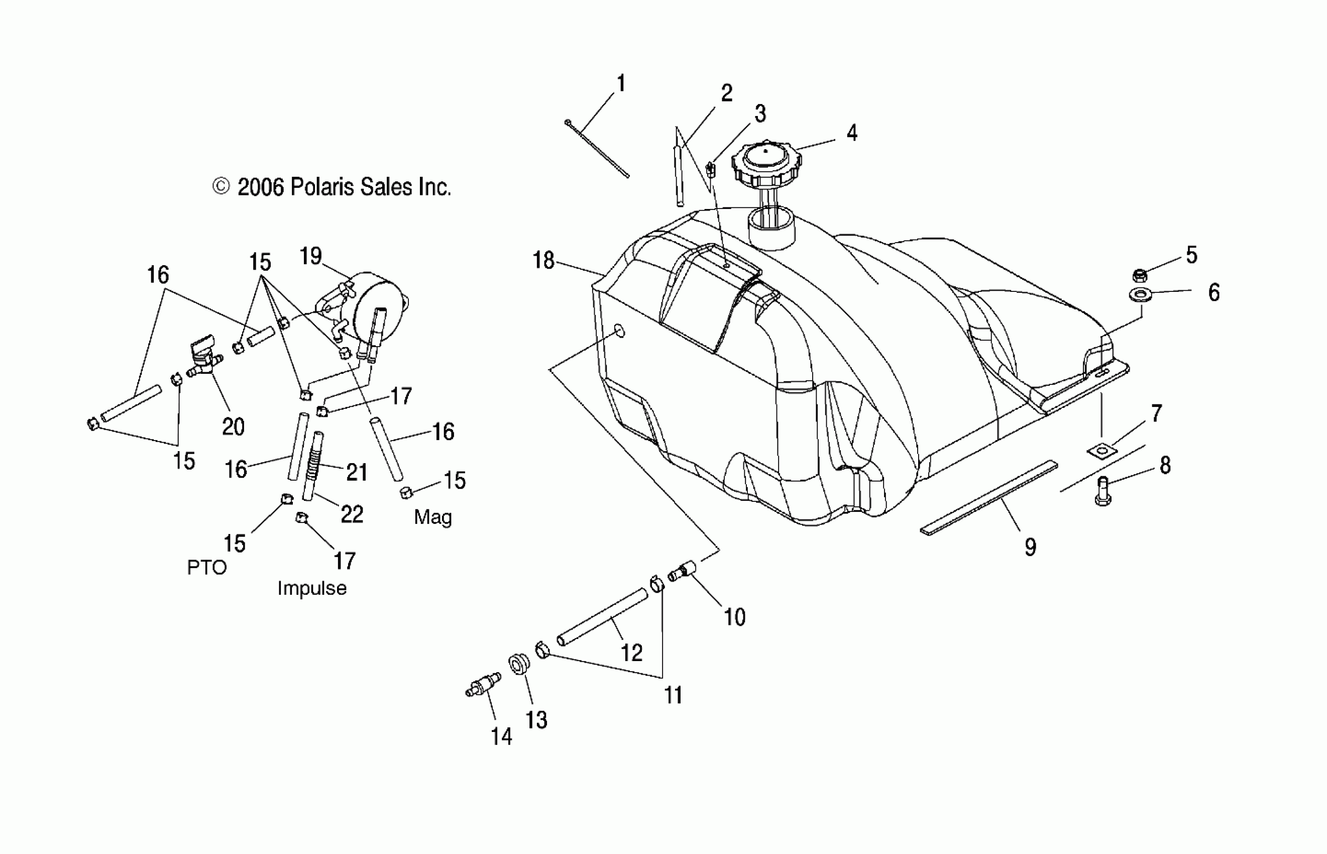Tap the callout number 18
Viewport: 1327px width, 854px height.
[x=543, y=260]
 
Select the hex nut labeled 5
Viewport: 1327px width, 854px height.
[x=1140, y=275]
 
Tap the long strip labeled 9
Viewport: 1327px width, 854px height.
[x=988, y=497]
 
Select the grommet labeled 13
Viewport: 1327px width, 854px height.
[x=519, y=664]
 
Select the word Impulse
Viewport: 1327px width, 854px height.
[x=311, y=588]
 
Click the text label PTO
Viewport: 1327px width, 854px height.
[x=207, y=567]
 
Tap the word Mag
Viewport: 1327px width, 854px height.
[x=432, y=517]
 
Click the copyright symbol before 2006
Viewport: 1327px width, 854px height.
[x=221, y=187]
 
